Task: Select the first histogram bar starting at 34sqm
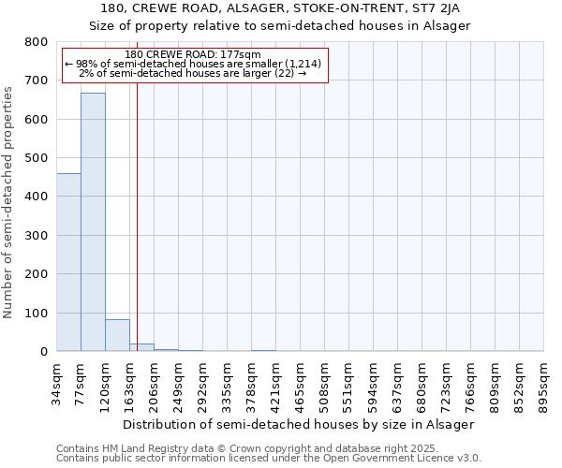[68, 262]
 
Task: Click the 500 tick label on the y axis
[36, 158]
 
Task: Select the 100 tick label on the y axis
[36, 313]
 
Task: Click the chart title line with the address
[279, 8]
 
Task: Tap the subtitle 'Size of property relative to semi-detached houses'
[279, 25]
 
